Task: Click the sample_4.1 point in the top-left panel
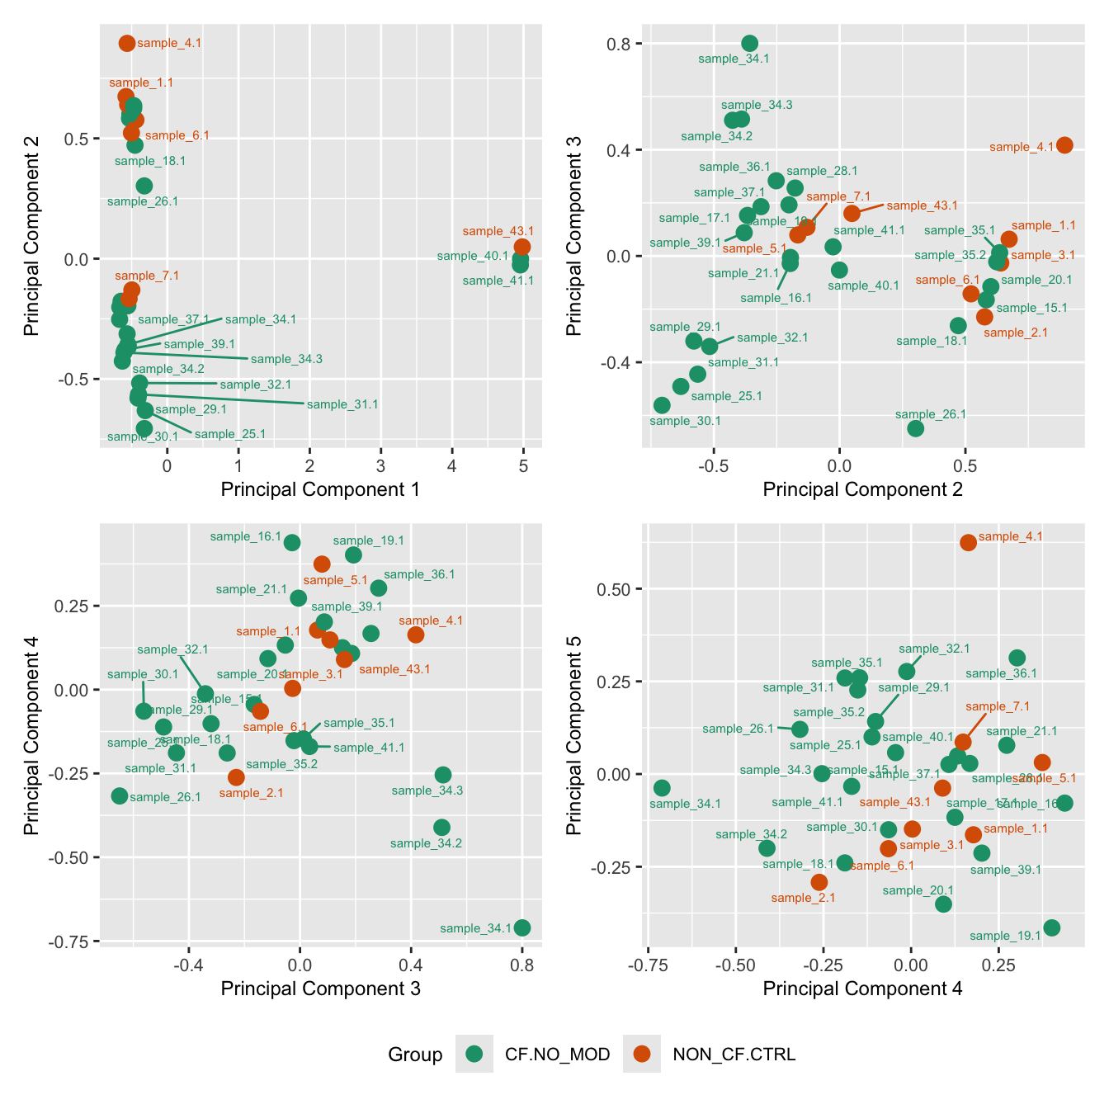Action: tap(127, 43)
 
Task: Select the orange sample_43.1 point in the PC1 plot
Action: tap(521, 247)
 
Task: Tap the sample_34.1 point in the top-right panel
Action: tap(749, 44)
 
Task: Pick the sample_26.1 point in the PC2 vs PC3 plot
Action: tap(915, 428)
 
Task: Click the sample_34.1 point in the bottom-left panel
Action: tap(521, 927)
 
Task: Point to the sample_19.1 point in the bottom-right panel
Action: tap(1051, 927)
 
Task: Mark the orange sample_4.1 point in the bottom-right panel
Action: tap(968, 542)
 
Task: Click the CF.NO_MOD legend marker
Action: tap(474, 1054)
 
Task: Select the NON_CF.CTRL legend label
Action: tap(734, 1054)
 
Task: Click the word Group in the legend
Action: tap(415, 1055)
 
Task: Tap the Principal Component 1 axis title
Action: tap(320, 489)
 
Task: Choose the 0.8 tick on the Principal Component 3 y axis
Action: tap(621, 44)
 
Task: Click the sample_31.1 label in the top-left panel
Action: tap(342, 404)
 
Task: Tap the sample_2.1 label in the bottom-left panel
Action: tap(252, 793)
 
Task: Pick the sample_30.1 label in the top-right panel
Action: tap(685, 421)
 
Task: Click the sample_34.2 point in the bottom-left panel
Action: tap(441, 827)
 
